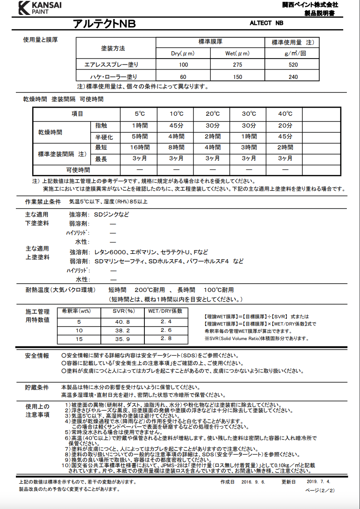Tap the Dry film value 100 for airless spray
pos(183,65)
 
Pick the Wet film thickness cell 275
pos(237,65)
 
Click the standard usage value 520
pos(293,65)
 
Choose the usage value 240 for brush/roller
pos(293,77)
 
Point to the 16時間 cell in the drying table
pos(140,148)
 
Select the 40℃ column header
pos(285,114)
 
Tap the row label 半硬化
pos(101,136)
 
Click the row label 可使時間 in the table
pos(78,170)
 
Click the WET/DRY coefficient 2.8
pos(166,339)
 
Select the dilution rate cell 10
pos(79,330)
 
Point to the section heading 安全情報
pos(37,356)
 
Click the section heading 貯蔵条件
pos(37,387)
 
